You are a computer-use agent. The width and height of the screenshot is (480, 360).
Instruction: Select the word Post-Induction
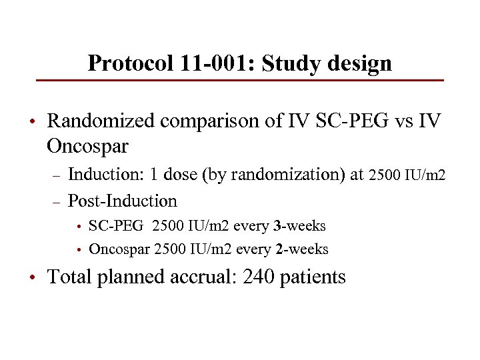click(x=123, y=201)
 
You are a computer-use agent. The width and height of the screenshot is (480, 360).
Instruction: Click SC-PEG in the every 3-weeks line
click(x=115, y=226)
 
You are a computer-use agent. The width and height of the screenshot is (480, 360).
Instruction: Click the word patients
click(x=312, y=276)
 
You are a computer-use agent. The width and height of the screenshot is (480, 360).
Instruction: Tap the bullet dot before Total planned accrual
click(x=32, y=277)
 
